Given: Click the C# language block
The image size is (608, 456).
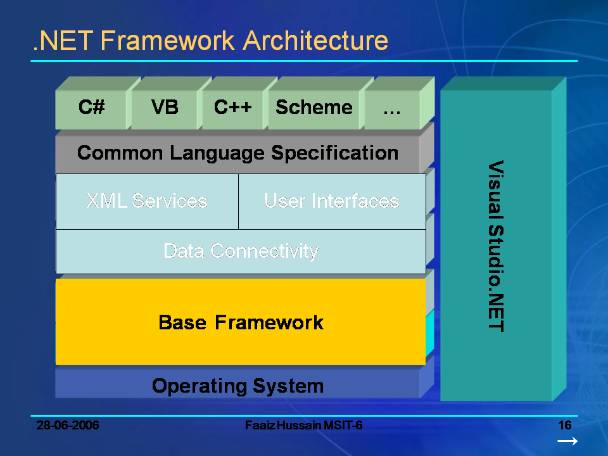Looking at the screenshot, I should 91,108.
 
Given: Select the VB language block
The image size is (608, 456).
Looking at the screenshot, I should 165,108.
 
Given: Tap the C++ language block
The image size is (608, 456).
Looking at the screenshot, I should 233,108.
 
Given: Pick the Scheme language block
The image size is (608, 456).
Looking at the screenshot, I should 314,108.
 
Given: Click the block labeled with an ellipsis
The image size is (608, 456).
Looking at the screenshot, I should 392,109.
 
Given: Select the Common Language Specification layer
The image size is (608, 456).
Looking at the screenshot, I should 237,153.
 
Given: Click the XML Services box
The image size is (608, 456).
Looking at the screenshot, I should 147,201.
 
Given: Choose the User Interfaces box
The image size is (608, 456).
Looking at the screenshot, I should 331,201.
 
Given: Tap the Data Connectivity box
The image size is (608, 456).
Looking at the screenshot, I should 241,251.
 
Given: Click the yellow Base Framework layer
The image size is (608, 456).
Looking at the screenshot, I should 241,322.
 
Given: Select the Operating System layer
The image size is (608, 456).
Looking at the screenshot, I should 237,385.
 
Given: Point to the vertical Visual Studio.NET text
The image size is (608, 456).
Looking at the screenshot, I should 495,246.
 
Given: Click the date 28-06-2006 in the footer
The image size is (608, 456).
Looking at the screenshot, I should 68,425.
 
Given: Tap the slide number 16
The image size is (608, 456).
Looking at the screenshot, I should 565,425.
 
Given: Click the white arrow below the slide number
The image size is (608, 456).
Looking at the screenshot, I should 567,441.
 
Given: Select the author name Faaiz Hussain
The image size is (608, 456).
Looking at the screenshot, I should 281,425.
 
